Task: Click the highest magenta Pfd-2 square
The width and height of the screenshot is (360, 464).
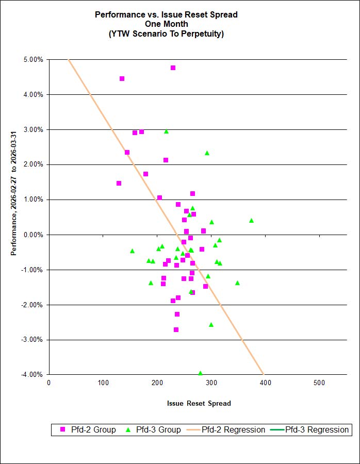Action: click(173, 68)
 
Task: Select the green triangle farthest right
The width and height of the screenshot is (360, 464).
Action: click(251, 220)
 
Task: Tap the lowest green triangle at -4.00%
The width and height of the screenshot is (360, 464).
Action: click(200, 373)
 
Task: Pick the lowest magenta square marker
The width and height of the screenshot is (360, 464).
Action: click(176, 329)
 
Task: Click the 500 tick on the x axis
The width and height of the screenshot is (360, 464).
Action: click(319, 383)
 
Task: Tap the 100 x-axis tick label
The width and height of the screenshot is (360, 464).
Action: click(103, 383)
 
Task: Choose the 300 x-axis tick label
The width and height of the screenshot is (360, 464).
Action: click(211, 383)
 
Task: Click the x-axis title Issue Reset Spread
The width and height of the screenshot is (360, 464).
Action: click(199, 403)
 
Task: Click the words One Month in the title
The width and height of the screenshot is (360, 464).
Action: click(166, 24)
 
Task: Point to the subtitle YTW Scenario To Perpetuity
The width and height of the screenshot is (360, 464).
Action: click(166, 34)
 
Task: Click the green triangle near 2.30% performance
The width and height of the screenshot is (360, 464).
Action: click(207, 153)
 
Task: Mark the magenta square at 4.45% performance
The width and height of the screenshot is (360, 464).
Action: click(122, 79)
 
